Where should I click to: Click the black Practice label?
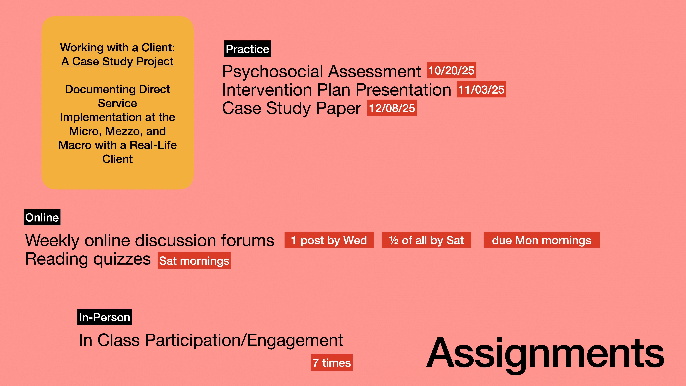pyautogui.click(x=247, y=49)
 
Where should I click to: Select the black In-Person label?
pyautogui.click(x=104, y=317)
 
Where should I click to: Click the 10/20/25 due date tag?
pyautogui.click(x=451, y=70)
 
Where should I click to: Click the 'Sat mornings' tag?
pyautogui.click(x=194, y=261)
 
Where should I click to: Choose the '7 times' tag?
pyautogui.click(x=332, y=363)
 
